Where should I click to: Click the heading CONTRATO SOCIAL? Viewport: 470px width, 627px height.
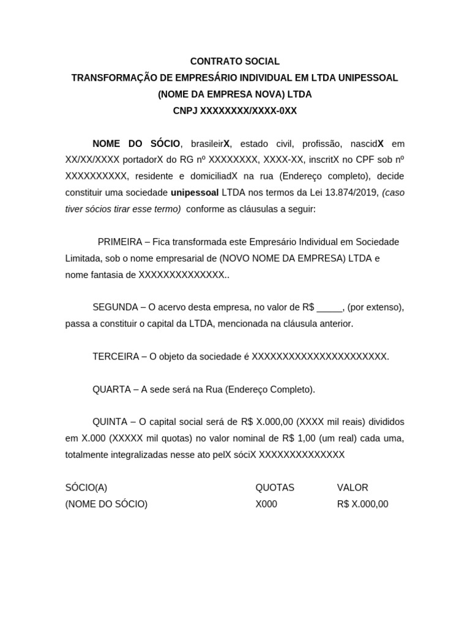click(x=235, y=61)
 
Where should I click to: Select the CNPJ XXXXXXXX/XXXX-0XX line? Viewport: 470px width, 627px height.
click(x=235, y=111)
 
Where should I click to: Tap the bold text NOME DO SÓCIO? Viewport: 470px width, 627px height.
click(x=136, y=143)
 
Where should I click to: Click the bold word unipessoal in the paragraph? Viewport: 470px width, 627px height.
click(x=195, y=192)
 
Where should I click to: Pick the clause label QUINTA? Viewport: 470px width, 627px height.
click(x=110, y=422)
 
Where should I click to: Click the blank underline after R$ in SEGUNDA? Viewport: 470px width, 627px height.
click(x=330, y=308)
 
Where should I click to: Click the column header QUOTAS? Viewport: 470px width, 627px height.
click(x=275, y=487)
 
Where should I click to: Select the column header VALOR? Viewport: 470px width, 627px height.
click(x=352, y=487)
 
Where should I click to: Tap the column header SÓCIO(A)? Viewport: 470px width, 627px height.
click(x=86, y=487)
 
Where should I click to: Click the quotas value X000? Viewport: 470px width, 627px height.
click(x=266, y=504)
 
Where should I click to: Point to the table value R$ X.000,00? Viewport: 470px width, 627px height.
click(x=362, y=504)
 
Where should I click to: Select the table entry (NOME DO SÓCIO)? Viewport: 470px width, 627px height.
click(x=106, y=504)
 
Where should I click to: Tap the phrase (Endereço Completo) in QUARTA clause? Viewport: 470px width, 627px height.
click(x=270, y=389)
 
